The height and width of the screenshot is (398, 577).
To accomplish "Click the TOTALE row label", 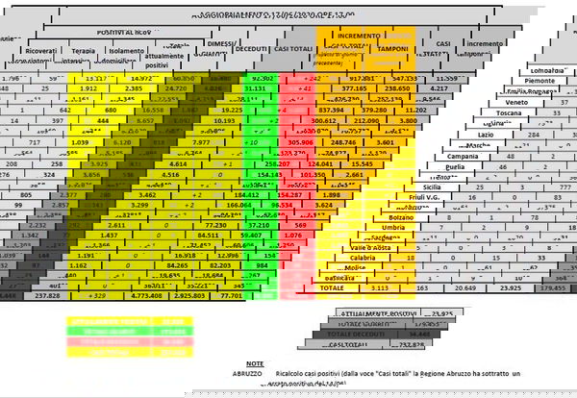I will [332, 287].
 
